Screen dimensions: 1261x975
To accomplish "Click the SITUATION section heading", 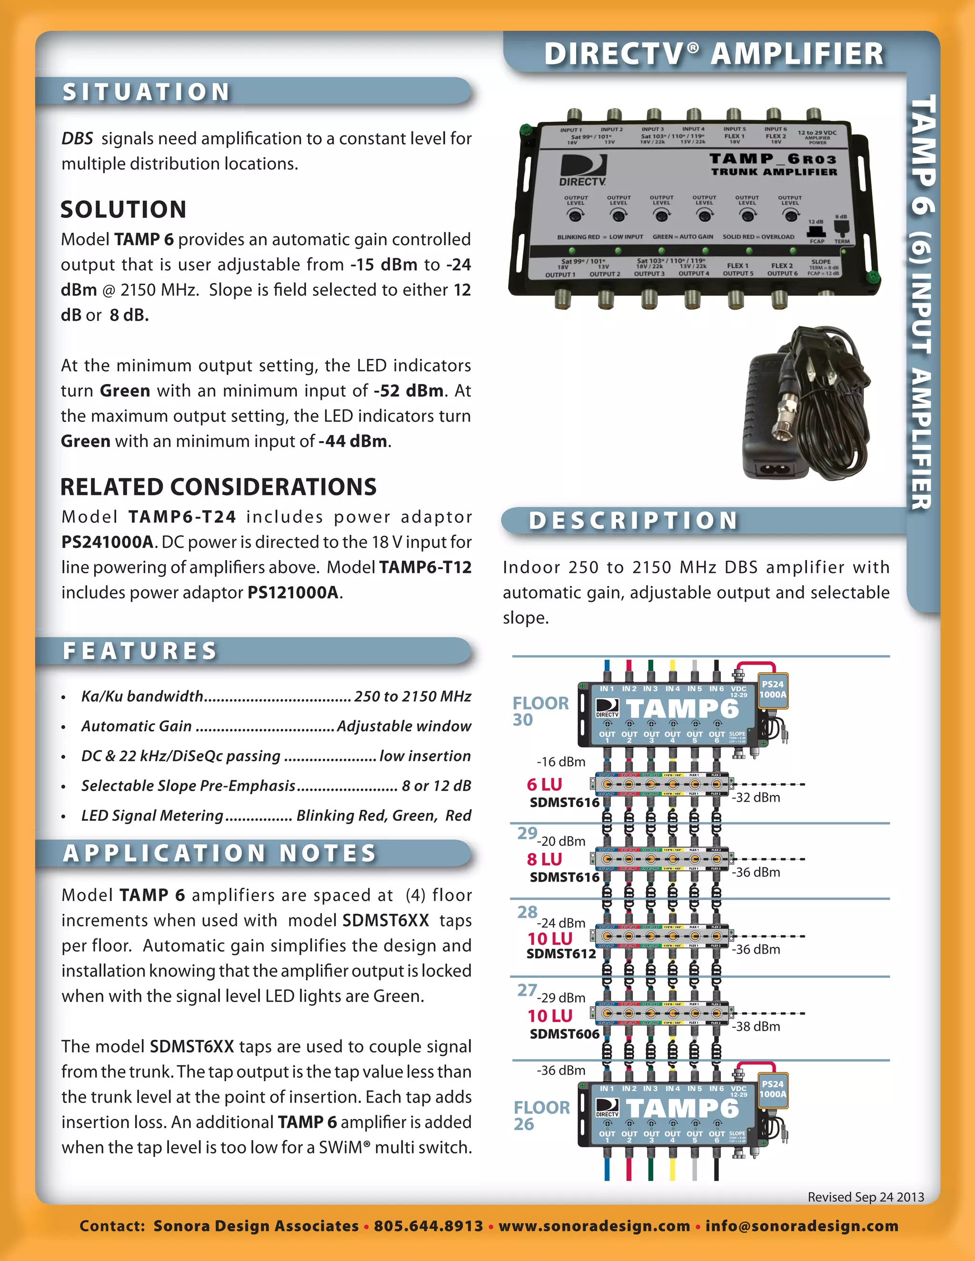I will click(x=147, y=92).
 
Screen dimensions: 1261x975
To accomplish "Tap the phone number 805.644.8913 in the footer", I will click(x=428, y=1226).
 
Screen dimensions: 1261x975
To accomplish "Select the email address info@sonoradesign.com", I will click(x=802, y=1226).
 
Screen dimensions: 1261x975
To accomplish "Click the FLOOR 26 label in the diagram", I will click(x=541, y=1115).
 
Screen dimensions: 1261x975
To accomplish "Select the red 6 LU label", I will click(x=544, y=785).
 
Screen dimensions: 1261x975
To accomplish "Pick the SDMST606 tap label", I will click(x=564, y=1034).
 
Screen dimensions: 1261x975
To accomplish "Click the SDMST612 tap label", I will click(x=561, y=954).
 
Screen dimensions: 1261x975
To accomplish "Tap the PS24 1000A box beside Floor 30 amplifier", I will click(x=772, y=690).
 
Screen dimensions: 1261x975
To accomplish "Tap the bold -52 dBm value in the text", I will click(x=408, y=391).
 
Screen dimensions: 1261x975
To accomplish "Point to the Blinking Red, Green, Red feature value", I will click(x=384, y=815).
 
